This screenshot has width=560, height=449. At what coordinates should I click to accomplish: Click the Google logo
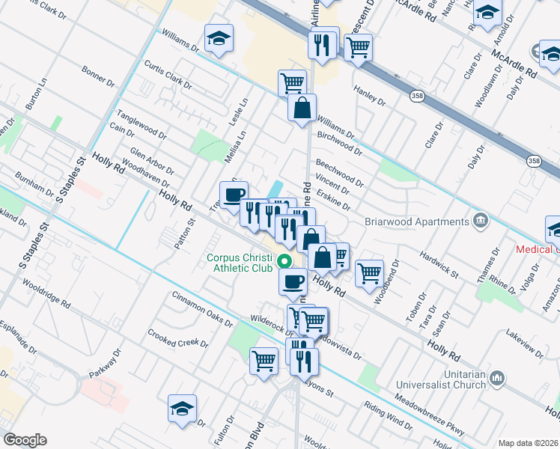click(25, 440)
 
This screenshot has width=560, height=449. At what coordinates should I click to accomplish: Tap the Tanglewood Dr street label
click(141, 125)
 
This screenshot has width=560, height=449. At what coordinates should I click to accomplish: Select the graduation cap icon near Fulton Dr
click(182, 409)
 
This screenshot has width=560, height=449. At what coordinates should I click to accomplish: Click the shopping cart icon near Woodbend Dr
click(369, 273)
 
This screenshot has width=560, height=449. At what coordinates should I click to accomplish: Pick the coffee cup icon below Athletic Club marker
click(293, 281)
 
